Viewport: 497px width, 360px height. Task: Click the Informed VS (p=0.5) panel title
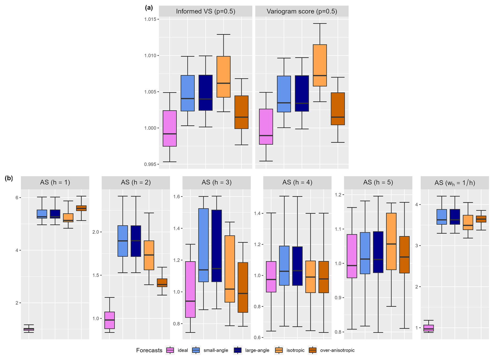[205, 11]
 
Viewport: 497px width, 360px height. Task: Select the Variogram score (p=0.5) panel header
[302, 11]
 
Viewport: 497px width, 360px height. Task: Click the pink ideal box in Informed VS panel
[170, 128]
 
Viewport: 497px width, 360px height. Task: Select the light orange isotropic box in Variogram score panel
[320, 65]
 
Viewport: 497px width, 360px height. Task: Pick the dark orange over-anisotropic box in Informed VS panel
[241, 112]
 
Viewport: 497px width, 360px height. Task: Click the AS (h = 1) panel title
[55, 182]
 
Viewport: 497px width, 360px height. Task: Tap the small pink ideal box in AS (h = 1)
[29, 329]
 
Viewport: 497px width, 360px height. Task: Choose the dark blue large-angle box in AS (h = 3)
[216, 246]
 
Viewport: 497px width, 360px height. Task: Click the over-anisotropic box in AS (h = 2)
[162, 283]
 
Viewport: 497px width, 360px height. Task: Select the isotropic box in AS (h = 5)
[391, 241]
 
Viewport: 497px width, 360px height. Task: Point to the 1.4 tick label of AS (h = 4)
[257, 213]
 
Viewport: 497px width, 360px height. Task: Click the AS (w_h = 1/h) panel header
[455, 182]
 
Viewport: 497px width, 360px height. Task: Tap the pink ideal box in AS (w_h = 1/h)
[429, 328]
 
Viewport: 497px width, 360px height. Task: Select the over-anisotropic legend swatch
[313, 350]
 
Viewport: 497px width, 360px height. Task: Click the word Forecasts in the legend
[149, 350]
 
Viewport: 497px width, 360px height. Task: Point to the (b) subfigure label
[9, 178]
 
